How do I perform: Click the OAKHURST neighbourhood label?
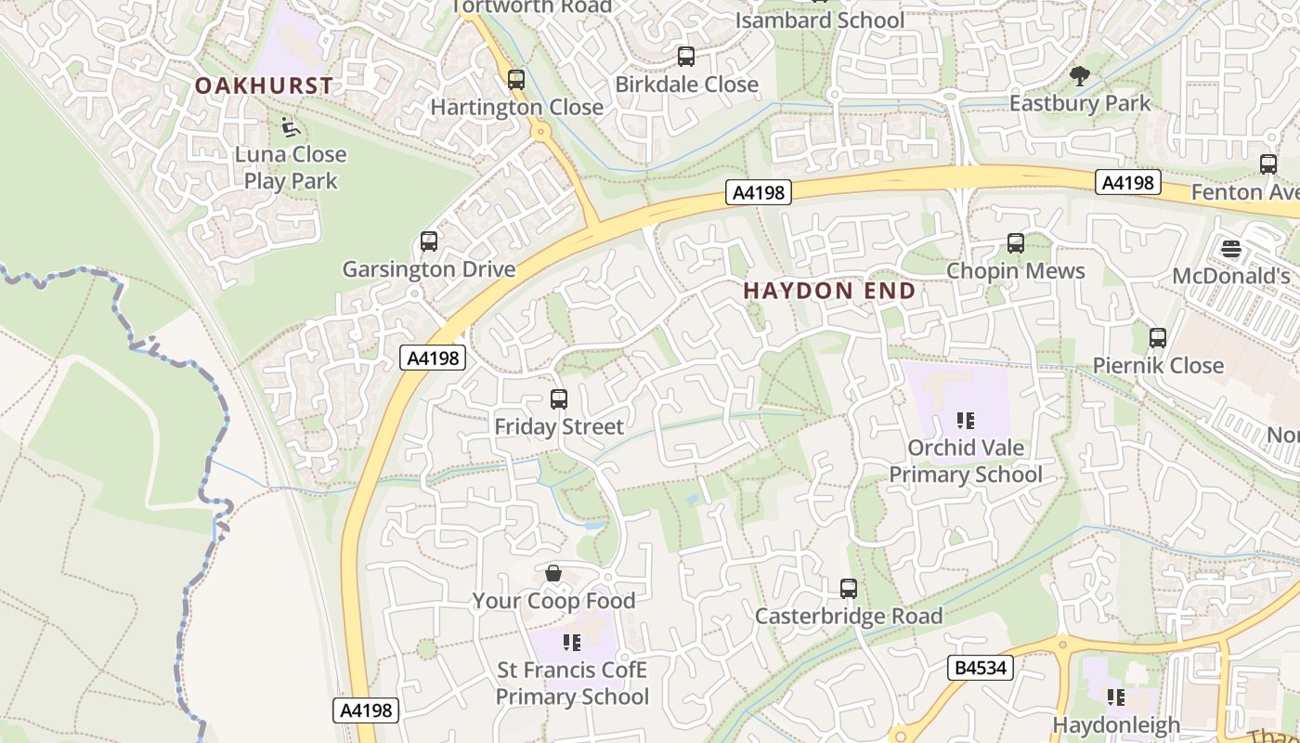point(264,85)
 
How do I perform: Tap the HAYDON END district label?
point(829,291)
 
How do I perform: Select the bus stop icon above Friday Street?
point(559,399)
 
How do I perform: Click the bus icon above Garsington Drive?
point(429,241)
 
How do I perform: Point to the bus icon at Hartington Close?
point(516,80)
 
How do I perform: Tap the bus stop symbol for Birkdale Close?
point(686,57)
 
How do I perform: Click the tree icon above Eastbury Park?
point(1079,76)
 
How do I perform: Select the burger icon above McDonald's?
point(1231,249)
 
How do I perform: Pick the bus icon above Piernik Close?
point(1158,338)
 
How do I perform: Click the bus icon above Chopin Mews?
point(1016,243)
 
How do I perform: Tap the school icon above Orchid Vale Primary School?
point(966,421)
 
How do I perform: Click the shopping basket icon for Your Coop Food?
point(553,573)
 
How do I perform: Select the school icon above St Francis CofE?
point(572,642)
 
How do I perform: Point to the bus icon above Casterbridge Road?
point(849,588)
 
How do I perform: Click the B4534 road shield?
point(980,667)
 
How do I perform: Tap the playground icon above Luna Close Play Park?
point(290,126)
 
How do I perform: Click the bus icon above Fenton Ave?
point(1268,164)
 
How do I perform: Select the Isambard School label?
point(819,20)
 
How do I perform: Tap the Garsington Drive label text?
point(429,269)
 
